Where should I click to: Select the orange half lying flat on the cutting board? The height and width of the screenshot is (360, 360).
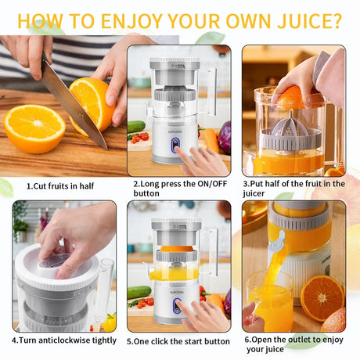pyautogui.click(x=34, y=128)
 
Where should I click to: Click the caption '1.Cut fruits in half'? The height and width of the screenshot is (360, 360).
pyautogui.click(x=60, y=186)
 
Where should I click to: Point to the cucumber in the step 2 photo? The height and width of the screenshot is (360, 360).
pyautogui.click(x=136, y=127)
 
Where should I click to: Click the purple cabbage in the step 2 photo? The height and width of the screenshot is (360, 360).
pyautogui.click(x=225, y=138)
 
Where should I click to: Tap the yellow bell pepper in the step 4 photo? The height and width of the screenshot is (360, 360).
pyautogui.click(x=109, y=322)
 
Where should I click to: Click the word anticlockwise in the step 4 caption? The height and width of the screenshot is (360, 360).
pyautogui.click(x=69, y=340)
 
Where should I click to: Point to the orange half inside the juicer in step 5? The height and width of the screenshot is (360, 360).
pyautogui.click(x=177, y=248)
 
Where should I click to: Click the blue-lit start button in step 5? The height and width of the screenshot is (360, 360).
pyautogui.click(x=178, y=305)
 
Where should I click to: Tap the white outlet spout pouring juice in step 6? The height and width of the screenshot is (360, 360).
pyautogui.click(x=277, y=242)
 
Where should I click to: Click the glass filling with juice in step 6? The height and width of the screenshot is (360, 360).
pyautogui.click(x=270, y=301)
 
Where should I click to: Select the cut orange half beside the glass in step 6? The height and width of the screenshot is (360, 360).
pyautogui.click(x=322, y=298)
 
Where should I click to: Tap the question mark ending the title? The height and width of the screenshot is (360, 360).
pyautogui.click(x=337, y=21)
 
